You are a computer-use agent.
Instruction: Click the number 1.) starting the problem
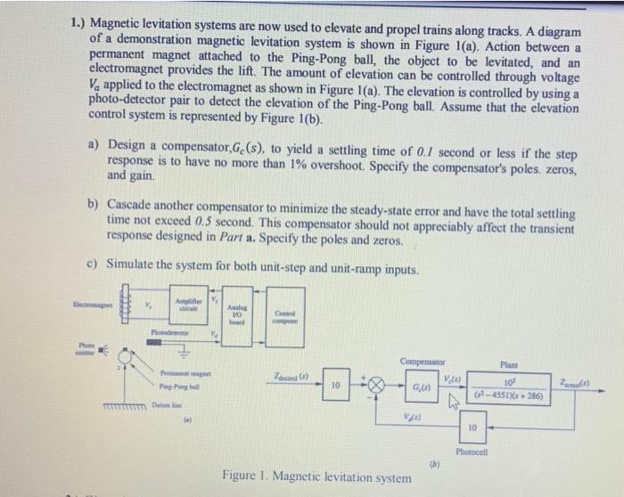(x=78, y=22)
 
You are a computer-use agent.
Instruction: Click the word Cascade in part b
(x=135, y=203)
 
